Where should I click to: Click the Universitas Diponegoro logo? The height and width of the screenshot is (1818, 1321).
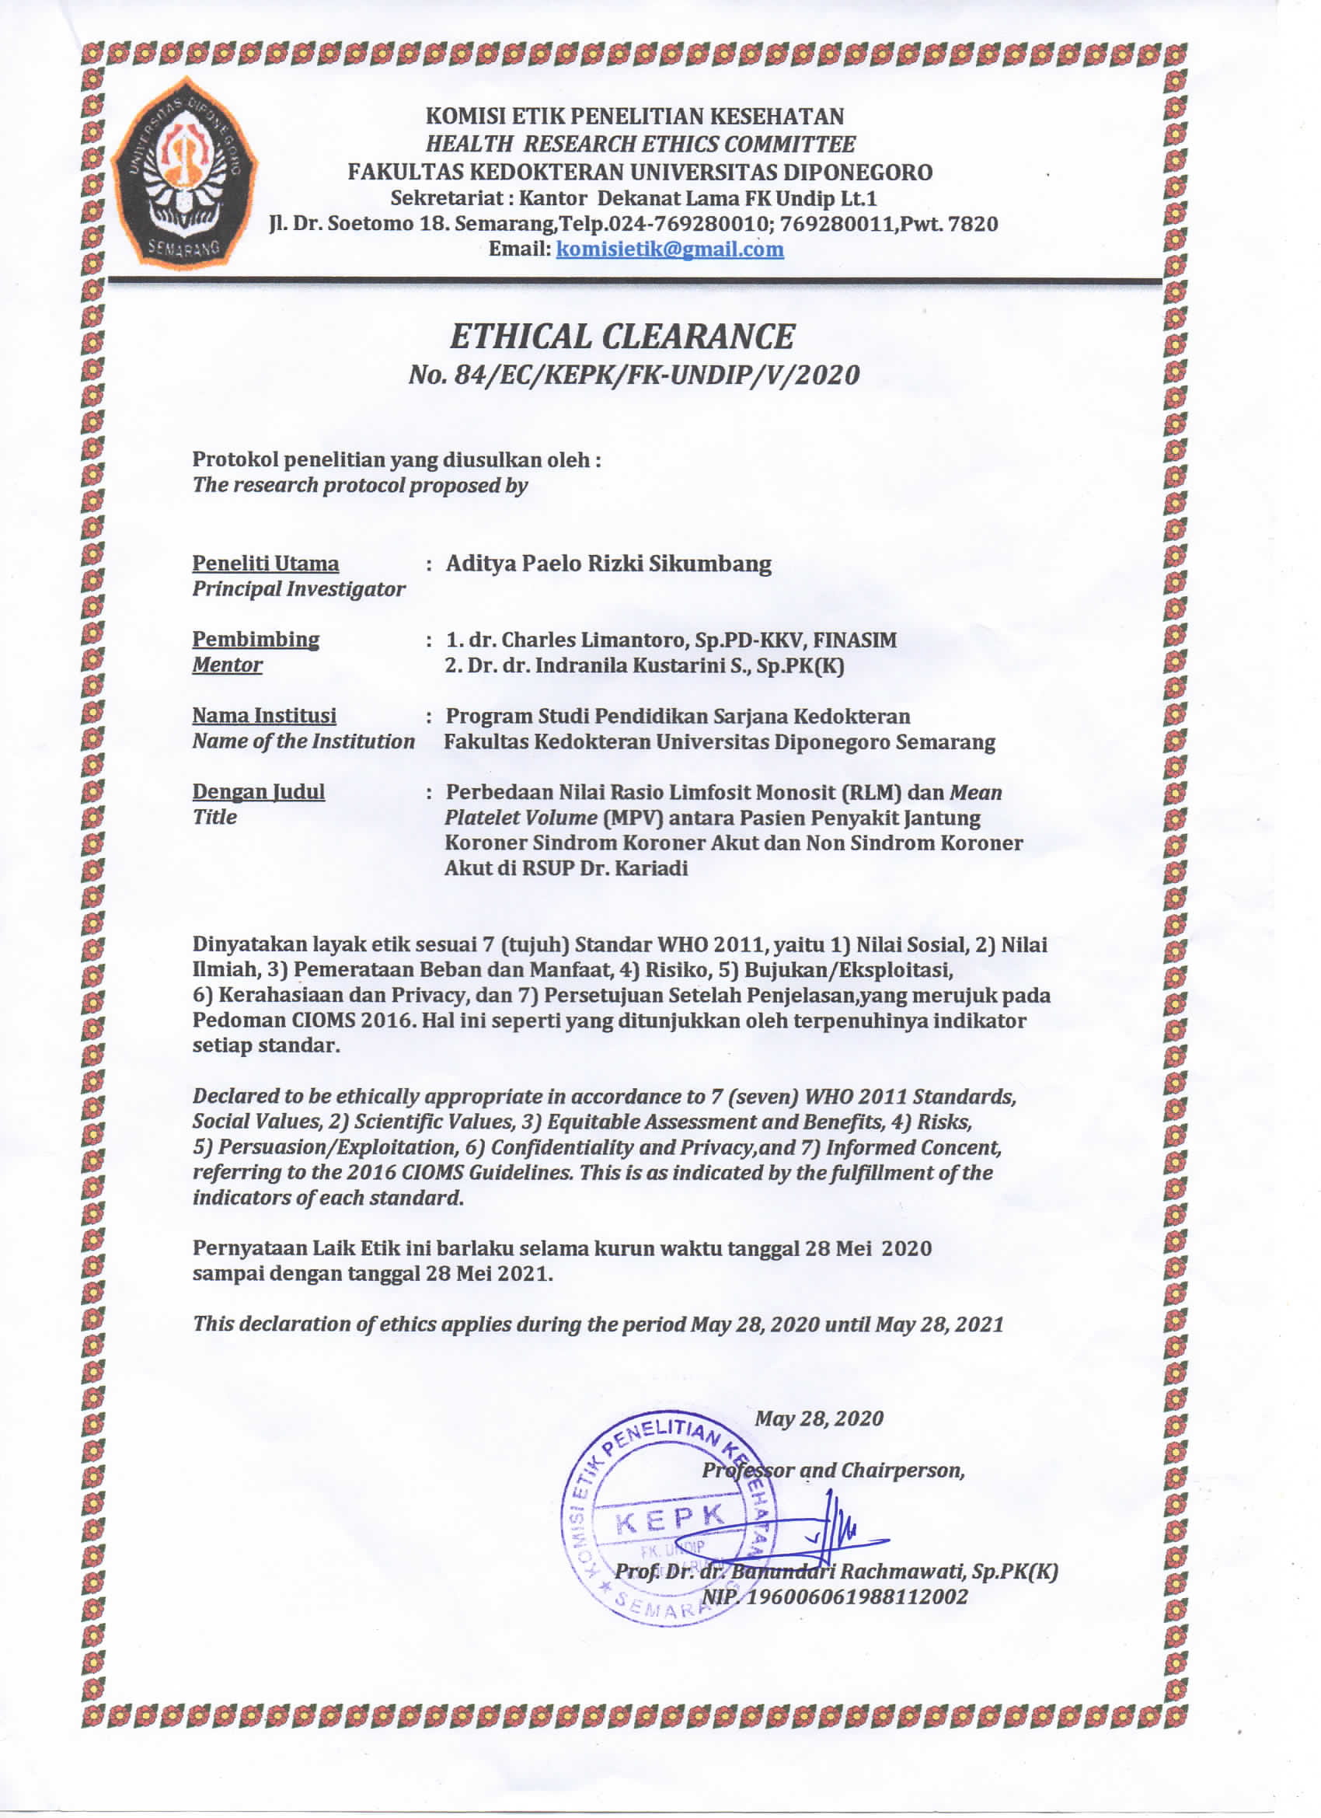183,175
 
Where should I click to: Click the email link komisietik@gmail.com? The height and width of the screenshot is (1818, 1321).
669,249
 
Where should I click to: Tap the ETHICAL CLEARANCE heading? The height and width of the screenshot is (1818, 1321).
622,337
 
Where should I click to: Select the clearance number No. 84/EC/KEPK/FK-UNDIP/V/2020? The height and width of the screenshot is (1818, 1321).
633,375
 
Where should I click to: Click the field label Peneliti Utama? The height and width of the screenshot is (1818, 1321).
265,564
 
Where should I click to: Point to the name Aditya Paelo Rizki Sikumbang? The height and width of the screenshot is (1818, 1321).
608,564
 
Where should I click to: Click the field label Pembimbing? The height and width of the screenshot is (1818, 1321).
256,640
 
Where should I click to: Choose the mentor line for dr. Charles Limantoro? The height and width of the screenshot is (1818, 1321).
671,640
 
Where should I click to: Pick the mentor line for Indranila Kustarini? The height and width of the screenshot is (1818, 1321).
644,665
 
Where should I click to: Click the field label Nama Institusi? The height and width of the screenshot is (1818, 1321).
263,716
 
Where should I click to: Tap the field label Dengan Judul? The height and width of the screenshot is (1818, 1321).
258,792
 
